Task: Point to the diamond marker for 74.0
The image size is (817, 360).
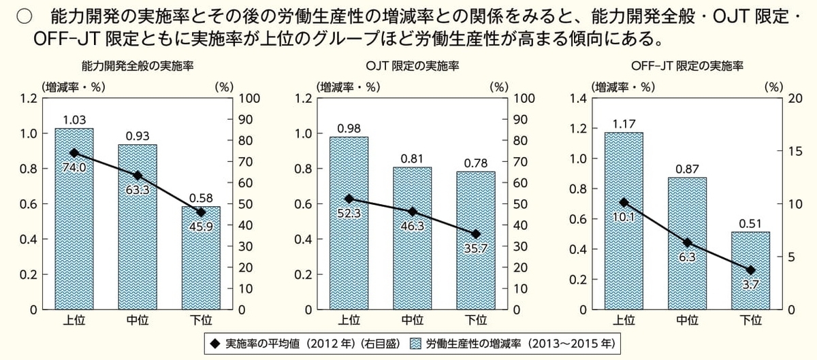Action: pyautogui.click(x=74, y=153)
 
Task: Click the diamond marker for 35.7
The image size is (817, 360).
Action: pyautogui.click(x=476, y=234)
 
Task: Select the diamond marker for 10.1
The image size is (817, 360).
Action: pyautogui.click(x=624, y=202)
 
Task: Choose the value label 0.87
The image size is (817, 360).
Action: pyautogui.click(x=686, y=168)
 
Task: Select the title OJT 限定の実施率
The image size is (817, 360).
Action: pyautogui.click(x=411, y=67)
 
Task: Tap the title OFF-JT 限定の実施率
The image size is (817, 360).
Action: pyautogui.click(x=687, y=67)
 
